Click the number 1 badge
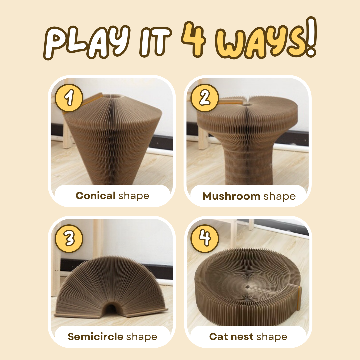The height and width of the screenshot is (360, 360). (x=69, y=98)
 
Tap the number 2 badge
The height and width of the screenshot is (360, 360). (x=205, y=98)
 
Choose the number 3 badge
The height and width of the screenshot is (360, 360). (x=69, y=239)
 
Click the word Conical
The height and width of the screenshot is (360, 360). (x=96, y=196)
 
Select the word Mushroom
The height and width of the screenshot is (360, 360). (x=231, y=196)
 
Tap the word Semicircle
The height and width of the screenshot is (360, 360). (x=96, y=337)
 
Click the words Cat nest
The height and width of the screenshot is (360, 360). (x=231, y=337)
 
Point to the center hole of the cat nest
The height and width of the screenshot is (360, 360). (x=248, y=287)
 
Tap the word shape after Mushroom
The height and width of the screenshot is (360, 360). (x=279, y=197)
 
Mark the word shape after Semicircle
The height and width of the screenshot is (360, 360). (x=142, y=337)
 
